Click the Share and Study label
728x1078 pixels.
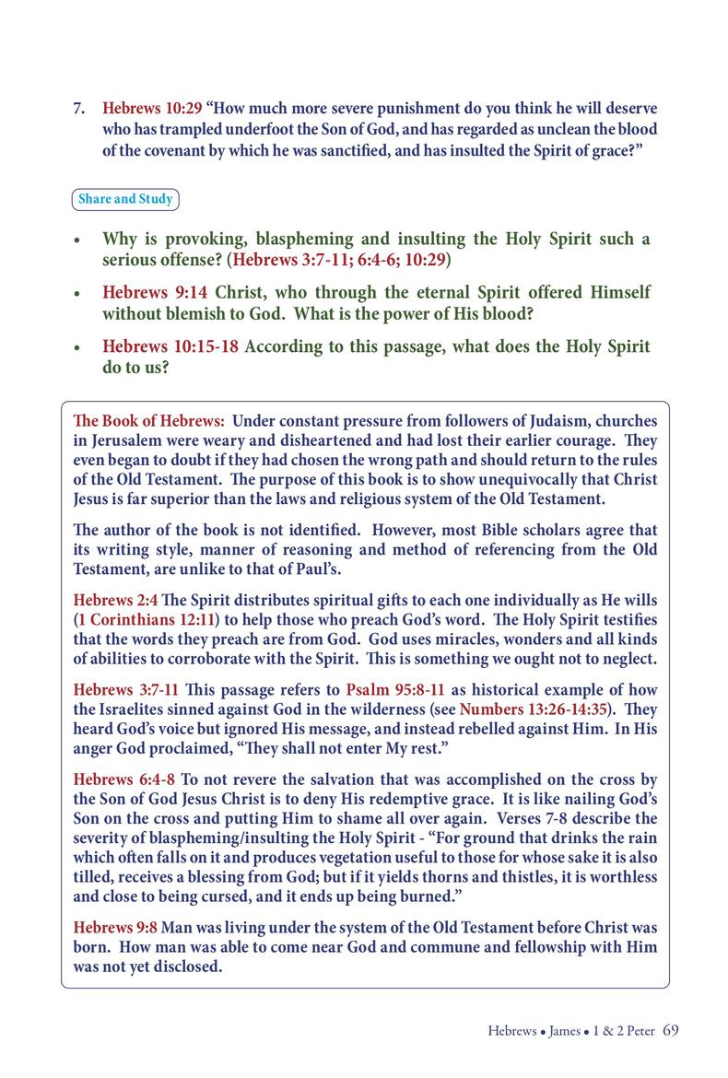coord(125,199)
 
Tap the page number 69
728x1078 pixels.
coord(671,1030)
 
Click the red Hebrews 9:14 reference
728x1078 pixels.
coord(155,293)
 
